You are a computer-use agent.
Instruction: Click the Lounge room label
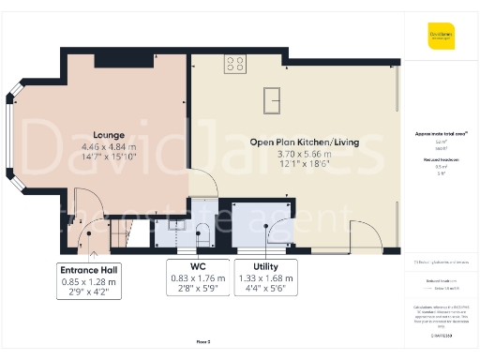pos(109,135)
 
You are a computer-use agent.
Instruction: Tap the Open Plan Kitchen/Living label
pos(292,142)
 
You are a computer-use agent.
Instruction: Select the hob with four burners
pos(234,65)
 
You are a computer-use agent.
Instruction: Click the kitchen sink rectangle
pos(275,97)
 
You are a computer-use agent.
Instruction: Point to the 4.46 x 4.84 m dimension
pos(109,148)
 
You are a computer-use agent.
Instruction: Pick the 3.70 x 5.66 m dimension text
pos(292,154)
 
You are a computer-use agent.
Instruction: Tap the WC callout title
pos(197,267)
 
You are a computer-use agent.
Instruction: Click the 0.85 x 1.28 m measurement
pos(91,281)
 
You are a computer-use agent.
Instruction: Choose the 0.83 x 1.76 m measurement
pos(197,278)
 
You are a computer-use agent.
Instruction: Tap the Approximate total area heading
pos(440,134)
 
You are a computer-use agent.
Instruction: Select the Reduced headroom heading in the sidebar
pos(440,160)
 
